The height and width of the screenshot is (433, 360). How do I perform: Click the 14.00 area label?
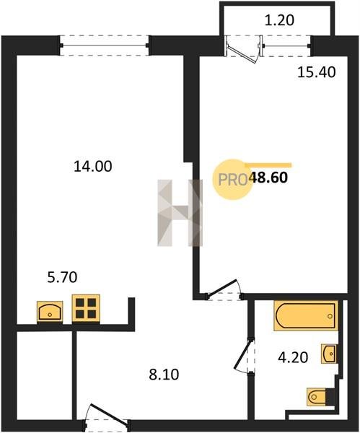pos(93,167)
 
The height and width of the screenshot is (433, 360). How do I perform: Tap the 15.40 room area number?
pos(317,72)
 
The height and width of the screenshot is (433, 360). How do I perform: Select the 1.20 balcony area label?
pos(279,20)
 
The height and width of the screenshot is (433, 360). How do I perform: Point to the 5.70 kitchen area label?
pos(62,277)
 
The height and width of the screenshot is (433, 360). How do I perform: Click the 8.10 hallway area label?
pos(164,375)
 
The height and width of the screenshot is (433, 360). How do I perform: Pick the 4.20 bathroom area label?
pos(293,358)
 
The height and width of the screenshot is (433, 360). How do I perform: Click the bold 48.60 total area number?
pos(268,178)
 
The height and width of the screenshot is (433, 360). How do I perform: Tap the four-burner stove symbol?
pos(86,308)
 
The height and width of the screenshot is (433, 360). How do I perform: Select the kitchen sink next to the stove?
pos(50,312)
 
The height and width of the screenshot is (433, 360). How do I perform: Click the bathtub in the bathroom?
pos(306,315)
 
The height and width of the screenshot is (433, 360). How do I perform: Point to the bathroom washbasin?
pos(328,354)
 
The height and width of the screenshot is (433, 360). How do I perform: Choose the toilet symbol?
pos(317,397)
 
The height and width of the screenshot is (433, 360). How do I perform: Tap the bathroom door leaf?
pos(243,354)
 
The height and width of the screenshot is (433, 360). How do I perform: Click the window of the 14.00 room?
pos(105,45)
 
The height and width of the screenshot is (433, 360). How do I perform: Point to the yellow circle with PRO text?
pos(232,180)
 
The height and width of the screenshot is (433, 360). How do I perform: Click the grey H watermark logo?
pos(180,213)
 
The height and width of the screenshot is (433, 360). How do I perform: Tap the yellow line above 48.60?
pos(268,165)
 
